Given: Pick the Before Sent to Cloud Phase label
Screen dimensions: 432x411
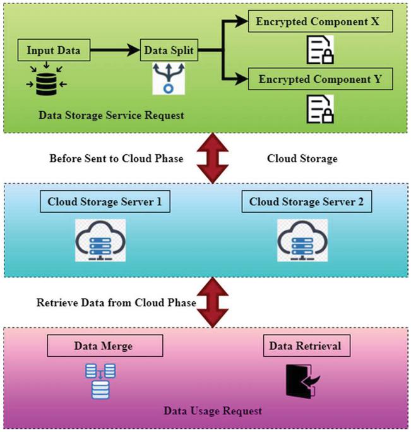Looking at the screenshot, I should point(116,159).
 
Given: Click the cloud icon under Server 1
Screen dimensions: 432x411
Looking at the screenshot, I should point(99,241).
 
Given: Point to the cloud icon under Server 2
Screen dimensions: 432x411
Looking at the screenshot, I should point(302,241).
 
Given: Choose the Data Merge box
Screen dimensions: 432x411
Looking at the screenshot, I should point(105,346).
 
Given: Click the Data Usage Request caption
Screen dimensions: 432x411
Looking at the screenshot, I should point(213,411).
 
